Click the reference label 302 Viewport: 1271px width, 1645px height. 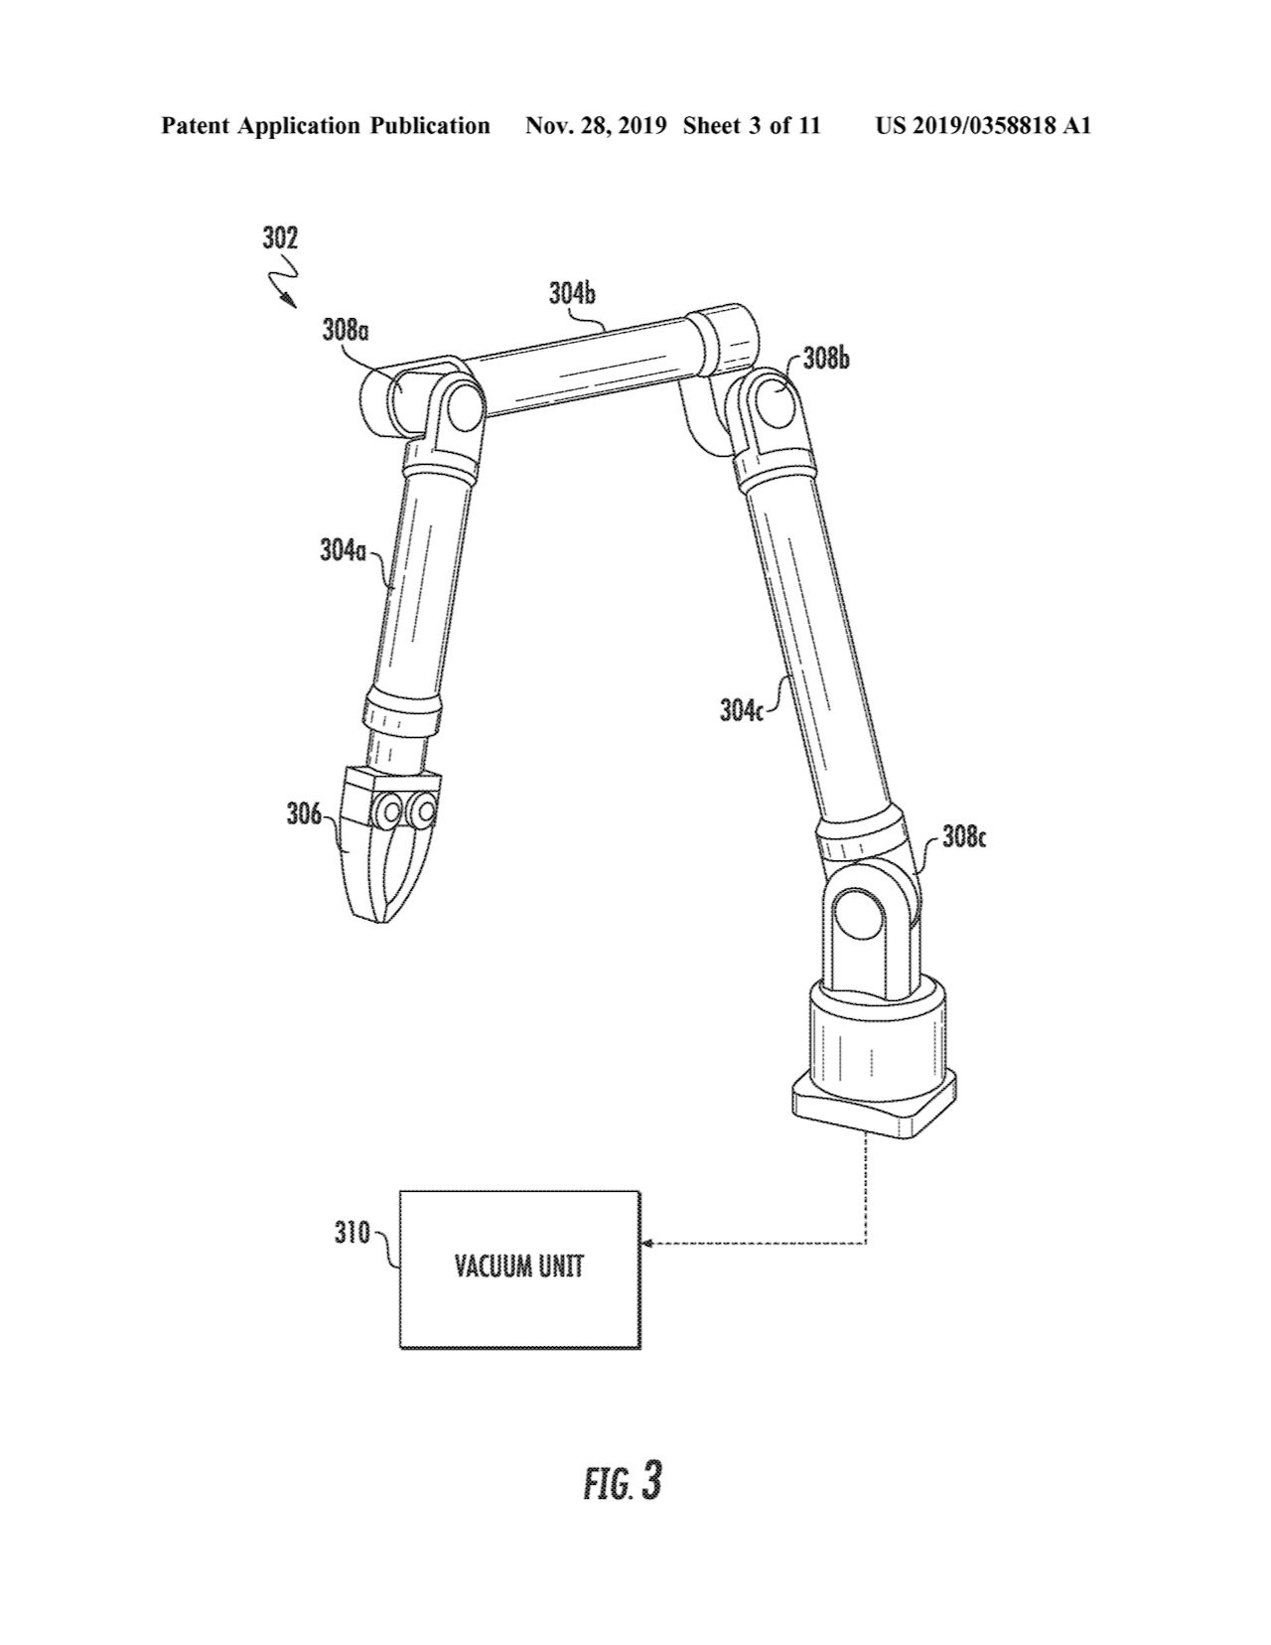280,238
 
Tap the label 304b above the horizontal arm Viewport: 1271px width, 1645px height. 572,294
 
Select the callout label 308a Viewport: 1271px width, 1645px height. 345,331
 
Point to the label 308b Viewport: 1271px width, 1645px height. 826,359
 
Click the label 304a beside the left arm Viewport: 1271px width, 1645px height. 344,549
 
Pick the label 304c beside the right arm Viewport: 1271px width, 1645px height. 742,710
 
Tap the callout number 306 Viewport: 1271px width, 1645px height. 303,815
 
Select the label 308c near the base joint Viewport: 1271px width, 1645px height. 963,837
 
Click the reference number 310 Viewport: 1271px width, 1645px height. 352,1233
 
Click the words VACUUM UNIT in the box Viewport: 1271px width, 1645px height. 519,1268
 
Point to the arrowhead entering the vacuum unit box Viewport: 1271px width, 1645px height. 647,1242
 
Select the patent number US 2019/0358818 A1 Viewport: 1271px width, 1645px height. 983,126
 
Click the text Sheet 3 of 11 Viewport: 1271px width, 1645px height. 752,126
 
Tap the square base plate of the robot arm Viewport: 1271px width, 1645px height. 874,1111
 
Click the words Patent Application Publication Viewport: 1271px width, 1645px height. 326,126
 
